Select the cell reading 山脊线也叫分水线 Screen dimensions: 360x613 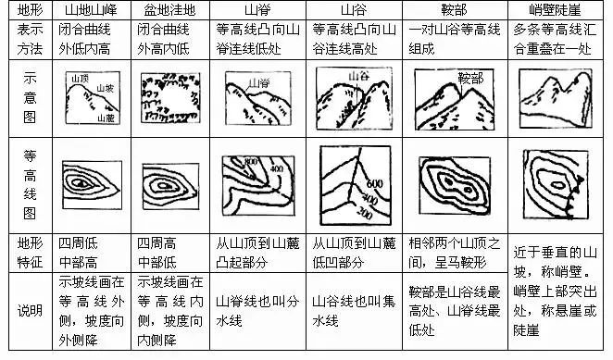click(x=248, y=309)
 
